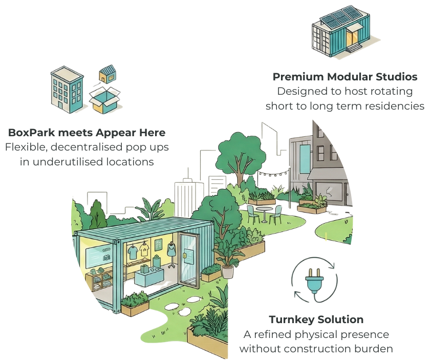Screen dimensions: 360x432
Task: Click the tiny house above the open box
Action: pos(107,74)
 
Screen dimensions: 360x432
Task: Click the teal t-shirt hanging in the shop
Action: pos(133,250)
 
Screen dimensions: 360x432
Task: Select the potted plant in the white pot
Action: pos(227,262)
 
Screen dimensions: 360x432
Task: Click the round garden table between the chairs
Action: pos(264,210)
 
